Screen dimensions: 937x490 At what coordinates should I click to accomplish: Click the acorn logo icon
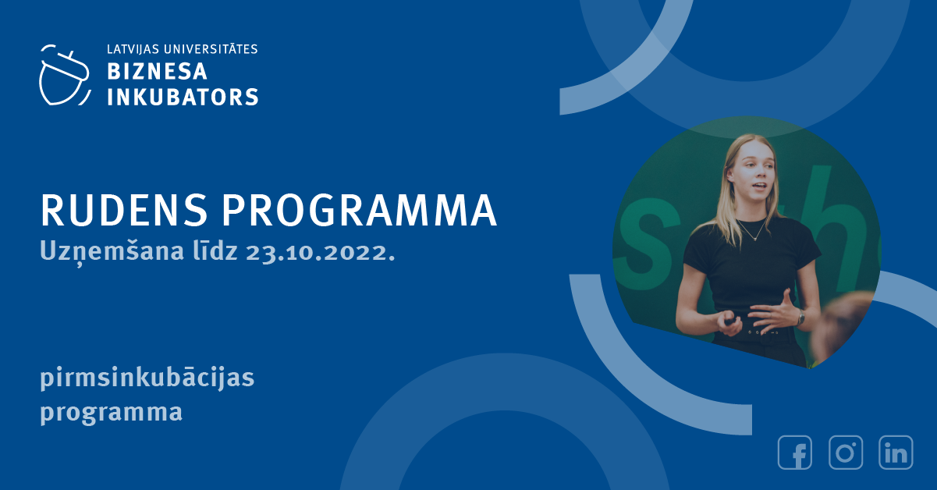(65, 76)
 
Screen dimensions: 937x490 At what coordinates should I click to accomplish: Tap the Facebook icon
(795, 453)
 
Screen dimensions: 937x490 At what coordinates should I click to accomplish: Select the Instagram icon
(846, 453)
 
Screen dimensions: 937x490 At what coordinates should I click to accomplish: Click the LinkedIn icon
(896, 453)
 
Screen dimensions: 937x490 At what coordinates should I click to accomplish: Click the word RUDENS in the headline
(124, 210)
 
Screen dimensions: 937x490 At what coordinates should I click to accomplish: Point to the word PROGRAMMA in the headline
(359, 210)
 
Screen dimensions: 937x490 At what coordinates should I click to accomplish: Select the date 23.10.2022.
(321, 252)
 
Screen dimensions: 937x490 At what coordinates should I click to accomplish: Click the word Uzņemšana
(112, 252)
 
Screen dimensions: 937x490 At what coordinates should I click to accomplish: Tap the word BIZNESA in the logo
(158, 72)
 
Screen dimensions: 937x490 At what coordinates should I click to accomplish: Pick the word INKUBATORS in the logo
(183, 97)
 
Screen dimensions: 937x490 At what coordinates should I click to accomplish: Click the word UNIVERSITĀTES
(211, 49)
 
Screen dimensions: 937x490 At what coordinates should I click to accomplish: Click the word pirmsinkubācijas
(147, 378)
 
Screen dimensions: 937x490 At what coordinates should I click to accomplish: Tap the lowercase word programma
(112, 413)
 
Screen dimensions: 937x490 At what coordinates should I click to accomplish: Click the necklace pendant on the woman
(754, 239)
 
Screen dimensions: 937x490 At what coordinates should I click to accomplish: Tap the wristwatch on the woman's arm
(800, 318)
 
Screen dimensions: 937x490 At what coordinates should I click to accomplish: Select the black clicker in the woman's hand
(730, 321)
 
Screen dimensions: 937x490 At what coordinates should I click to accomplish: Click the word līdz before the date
(215, 251)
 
